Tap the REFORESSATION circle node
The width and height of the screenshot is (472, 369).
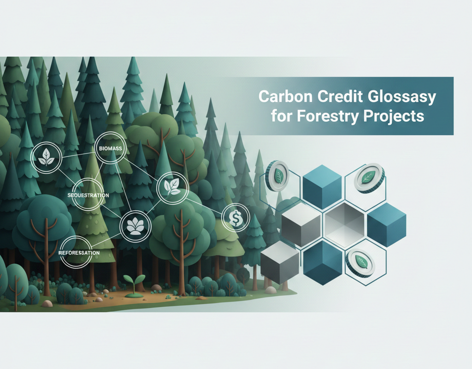point(79,253)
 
